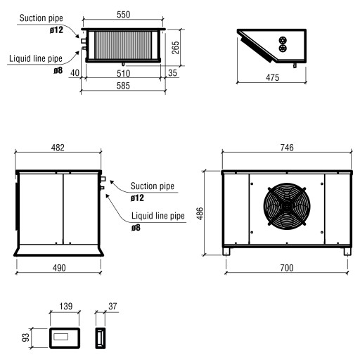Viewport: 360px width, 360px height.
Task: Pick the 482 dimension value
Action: pos(58,147)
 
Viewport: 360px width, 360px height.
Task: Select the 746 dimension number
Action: pos(286,147)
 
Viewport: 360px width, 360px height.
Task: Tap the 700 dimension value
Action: pos(286,268)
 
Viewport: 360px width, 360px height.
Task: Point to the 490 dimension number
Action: pos(58,268)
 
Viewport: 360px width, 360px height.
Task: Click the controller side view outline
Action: pos(99,337)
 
